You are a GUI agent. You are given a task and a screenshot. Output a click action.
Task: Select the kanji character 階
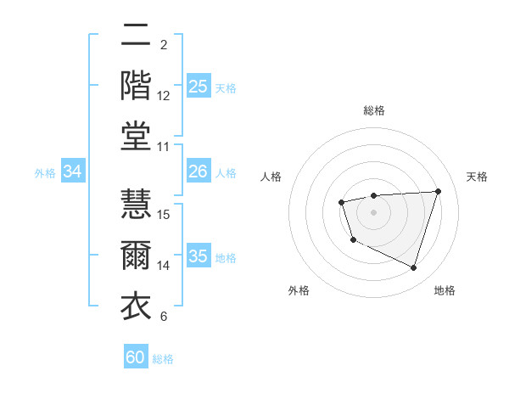point(136,86)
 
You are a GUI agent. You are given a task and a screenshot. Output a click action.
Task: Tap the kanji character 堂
point(136,136)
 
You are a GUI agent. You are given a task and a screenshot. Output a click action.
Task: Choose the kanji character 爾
point(136,256)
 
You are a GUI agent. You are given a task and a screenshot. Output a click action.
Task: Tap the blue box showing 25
point(199,87)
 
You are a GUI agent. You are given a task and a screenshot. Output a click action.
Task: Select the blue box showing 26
point(199,172)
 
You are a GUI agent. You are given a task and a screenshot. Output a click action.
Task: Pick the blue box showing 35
point(199,256)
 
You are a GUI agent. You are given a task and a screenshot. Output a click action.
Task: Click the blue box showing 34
point(73,172)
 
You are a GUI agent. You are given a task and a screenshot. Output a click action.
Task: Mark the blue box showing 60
point(136,357)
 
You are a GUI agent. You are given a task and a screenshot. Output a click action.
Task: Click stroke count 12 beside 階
point(164,96)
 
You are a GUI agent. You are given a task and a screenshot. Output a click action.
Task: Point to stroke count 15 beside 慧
point(164,214)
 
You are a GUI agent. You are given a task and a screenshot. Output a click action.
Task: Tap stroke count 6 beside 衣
point(163,317)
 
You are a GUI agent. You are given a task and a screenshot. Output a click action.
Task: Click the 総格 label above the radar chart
point(373,110)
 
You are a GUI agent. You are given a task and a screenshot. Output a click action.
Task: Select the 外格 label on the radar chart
point(299,291)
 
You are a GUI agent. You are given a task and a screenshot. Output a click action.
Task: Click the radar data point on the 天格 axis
point(438,191)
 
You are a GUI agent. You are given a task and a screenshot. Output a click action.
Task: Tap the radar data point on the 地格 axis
point(413,268)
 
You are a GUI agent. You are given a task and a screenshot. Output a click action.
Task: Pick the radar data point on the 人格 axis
point(341,202)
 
